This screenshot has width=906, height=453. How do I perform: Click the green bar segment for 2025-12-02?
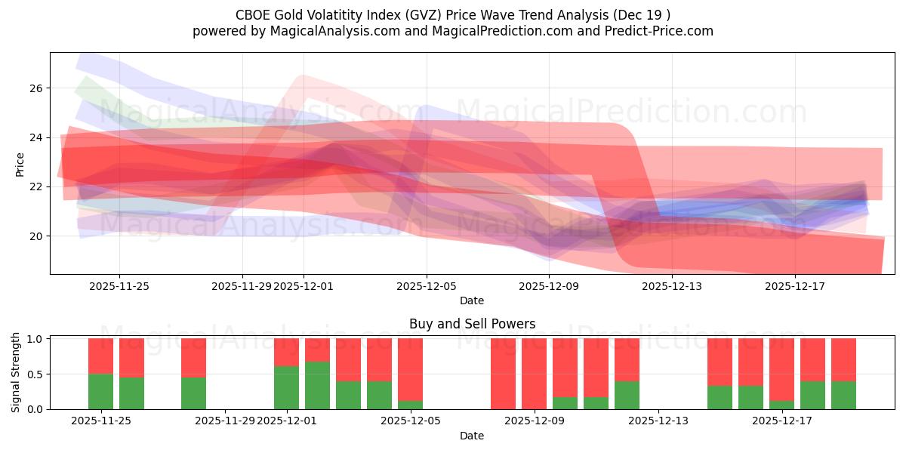pos(317,385)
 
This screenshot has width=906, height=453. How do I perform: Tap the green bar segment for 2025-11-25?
pos(100,391)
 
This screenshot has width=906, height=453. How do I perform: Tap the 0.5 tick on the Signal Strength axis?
pos(35,374)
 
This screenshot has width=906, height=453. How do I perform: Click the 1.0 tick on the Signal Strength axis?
pos(35,339)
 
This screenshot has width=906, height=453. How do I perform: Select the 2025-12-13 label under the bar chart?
pos(658,421)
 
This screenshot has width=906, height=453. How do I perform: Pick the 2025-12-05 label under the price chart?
pos(427,286)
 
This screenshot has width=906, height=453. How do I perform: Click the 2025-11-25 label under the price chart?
pos(119,286)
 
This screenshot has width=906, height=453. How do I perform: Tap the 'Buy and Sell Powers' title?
pos(472,324)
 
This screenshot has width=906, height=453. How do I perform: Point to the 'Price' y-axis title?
pos(20,164)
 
